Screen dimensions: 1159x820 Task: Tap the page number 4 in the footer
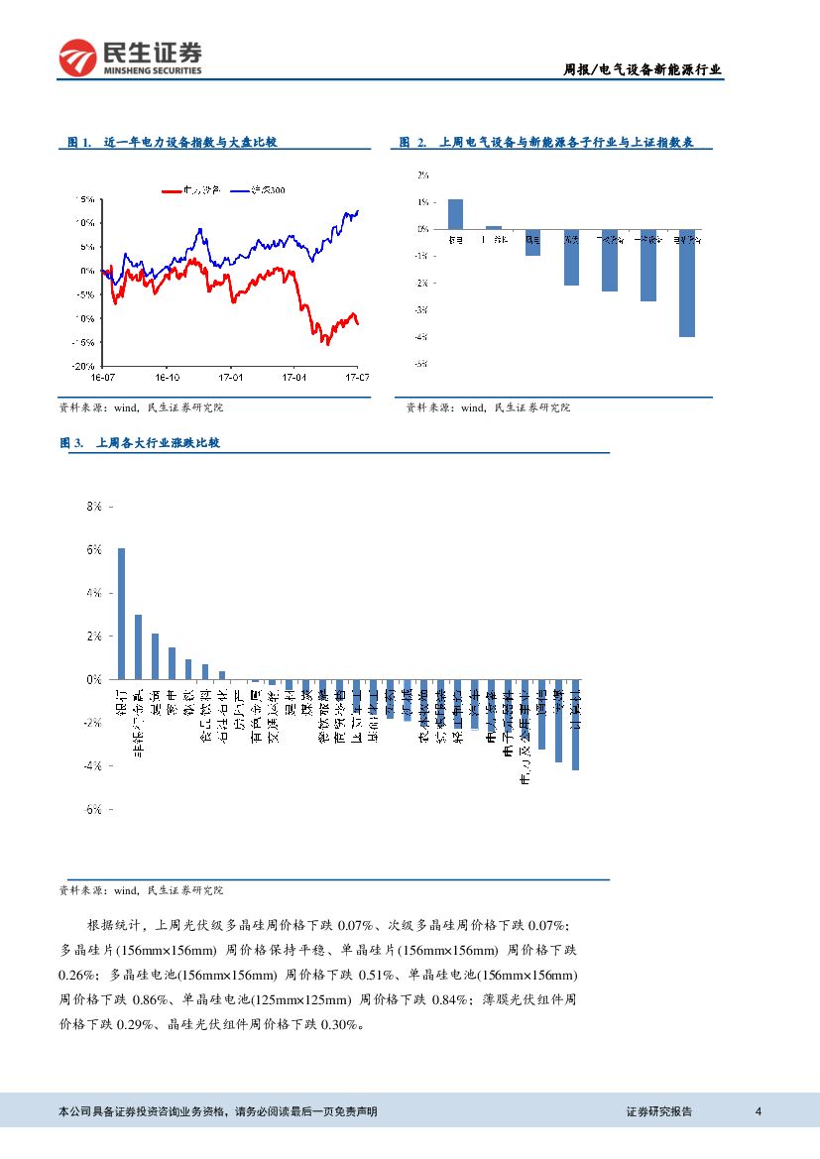tap(758, 1111)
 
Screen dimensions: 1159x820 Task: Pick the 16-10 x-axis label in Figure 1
tap(166, 378)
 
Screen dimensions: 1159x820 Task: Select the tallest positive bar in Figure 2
tap(455, 214)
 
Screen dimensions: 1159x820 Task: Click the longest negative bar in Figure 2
tap(686, 283)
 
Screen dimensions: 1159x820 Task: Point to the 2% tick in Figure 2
tap(422, 174)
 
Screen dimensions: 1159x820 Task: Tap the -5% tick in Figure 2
tap(421, 364)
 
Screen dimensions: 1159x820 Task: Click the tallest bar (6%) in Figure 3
tap(121, 614)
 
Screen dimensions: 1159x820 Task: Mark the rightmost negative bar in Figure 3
tap(575, 725)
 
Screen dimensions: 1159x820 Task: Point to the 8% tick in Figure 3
tap(95, 506)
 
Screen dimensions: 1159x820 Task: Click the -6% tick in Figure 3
tap(93, 809)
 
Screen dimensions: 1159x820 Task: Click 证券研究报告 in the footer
tap(659, 1111)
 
